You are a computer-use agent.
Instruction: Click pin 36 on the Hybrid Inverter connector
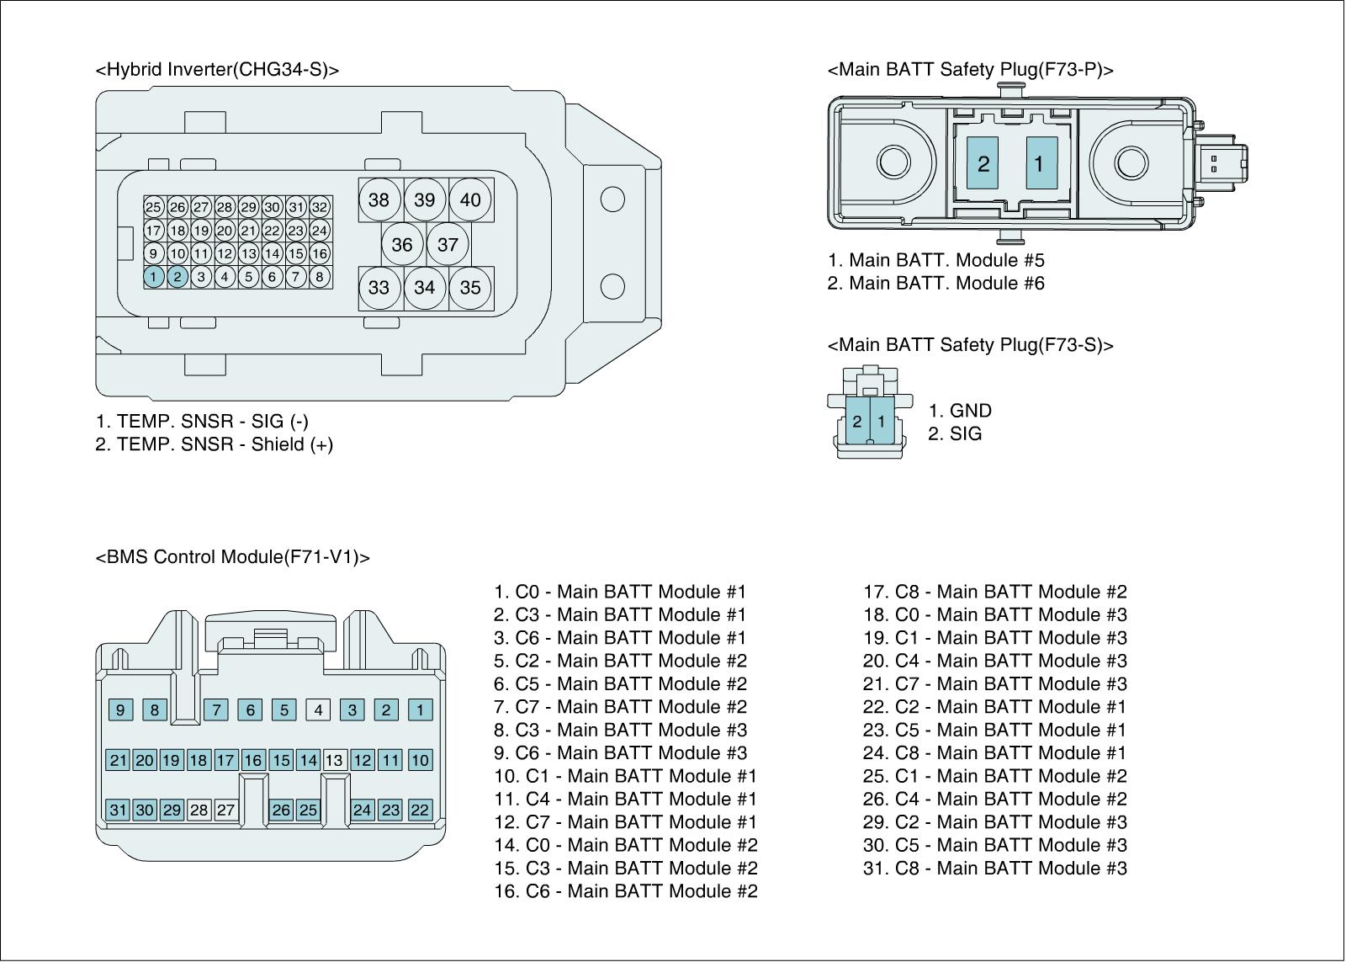[x=402, y=244]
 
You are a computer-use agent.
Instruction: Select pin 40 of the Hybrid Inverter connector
[x=470, y=199]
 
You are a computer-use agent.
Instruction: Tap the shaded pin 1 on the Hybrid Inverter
[x=153, y=276]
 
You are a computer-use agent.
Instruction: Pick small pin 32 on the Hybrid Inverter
[x=320, y=207]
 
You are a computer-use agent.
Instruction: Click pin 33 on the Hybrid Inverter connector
[x=379, y=288]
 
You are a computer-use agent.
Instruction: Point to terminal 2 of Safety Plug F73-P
[x=983, y=162]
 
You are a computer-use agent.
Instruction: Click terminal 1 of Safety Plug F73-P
[x=1040, y=162]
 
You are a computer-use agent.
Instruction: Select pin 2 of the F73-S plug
[x=857, y=421]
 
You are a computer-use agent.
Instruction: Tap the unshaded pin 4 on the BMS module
[x=318, y=710]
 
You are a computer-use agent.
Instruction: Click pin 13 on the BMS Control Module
[x=334, y=760]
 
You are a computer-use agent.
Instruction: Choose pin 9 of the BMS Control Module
[x=120, y=710]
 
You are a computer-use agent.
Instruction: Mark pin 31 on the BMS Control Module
[x=118, y=810]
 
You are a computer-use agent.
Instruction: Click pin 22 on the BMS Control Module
[x=420, y=810]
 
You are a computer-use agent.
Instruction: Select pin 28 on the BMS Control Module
[x=199, y=810]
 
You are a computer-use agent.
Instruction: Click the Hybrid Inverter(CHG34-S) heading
[x=217, y=70]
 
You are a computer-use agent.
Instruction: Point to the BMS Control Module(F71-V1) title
[x=233, y=557]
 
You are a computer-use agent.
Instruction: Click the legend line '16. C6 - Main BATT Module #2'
[x=625, y=890]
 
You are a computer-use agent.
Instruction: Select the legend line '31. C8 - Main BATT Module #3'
[x=994, y=868]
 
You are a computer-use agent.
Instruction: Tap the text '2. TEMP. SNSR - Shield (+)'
[x=214, y=444]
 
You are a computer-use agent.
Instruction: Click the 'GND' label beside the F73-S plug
[x=970, y=411]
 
